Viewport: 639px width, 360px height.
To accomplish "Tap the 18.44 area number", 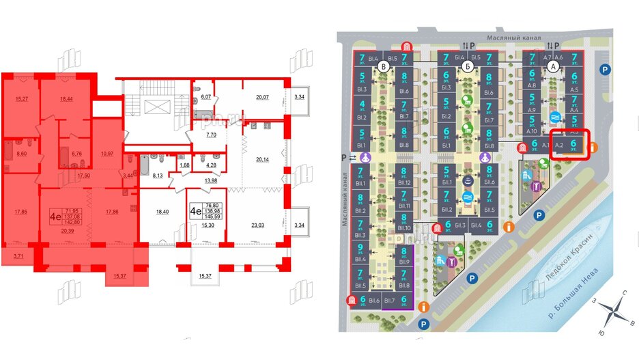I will tap(66, 100).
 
